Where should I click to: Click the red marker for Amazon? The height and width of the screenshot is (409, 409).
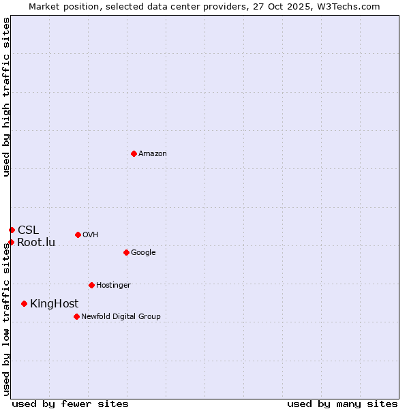click(x=134, y=153)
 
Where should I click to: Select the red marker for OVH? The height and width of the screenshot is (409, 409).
click(x=78, y=234)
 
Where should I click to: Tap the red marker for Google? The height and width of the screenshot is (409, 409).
click(x=126, y=252)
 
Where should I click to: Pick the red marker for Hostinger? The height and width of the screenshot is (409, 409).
click(x=91, y=285)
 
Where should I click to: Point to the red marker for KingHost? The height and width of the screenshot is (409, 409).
click(x=25, y=303)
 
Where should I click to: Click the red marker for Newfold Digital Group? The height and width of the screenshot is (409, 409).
click(x=76, y=316)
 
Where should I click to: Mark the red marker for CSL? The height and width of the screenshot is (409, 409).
click(x=12, y=230)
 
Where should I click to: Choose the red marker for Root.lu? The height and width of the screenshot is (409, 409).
click(x=11, y=242)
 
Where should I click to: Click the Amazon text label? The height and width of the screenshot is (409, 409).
click(x=153, y=154)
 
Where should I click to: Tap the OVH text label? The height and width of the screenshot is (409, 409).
click(x=91, y=235)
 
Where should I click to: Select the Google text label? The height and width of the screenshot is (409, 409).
click(x=143, y=253)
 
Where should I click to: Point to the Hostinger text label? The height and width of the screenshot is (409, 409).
click(x=113, y=286)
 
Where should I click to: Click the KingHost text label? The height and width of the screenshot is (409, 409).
click(x=55, y=304)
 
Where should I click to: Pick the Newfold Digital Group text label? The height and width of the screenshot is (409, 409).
click(x=121, y=317)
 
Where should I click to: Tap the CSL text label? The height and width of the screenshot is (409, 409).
click(x=29, y=230)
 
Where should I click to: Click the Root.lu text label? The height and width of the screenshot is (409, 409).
click(x=36, y=243)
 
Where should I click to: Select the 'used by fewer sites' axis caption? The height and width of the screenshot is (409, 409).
click(x=70, y=404)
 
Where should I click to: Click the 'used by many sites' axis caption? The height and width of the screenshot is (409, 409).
click(x=342, y=404)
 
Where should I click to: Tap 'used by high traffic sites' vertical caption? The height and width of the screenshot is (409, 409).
click(x=6, y=97)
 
